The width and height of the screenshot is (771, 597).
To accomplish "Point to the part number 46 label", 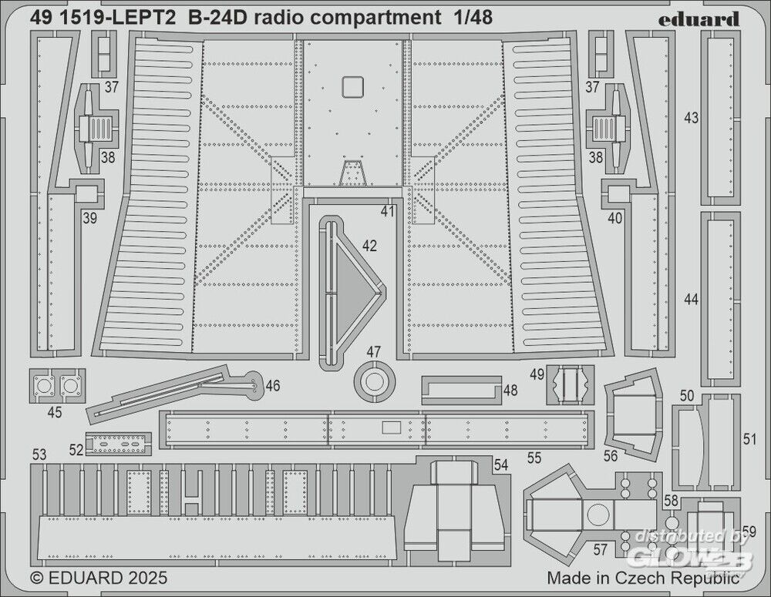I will (x=272, y=386).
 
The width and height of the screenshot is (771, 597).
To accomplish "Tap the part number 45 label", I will (x=55, y=413).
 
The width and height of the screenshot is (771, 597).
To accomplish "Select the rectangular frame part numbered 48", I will (x=462, y=391).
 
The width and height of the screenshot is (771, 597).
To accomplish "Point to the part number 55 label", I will (x=534, y=458).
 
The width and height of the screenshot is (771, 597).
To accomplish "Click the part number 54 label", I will (x=501, y=465).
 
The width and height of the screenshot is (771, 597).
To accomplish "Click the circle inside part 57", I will (x=598, y=515).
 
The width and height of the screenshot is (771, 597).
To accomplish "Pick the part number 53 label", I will (x=41, y=454).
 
